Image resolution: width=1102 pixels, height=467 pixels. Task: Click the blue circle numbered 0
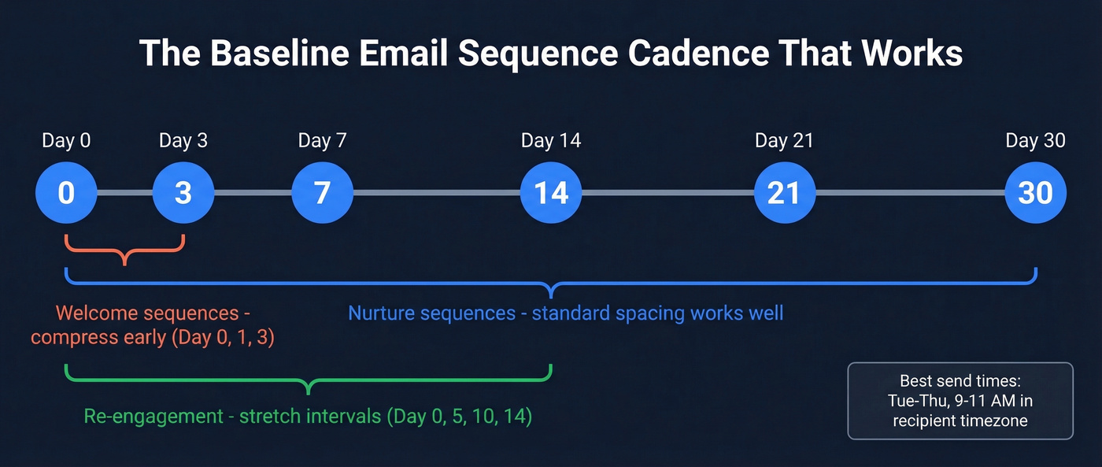pos(66,193)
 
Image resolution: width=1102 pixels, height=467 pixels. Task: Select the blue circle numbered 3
pos(183,193)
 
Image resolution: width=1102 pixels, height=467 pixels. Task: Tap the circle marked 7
pos(322,193)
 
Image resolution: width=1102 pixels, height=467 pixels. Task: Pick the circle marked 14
pos(551,193)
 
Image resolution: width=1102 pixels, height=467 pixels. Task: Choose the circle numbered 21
pos(784,193)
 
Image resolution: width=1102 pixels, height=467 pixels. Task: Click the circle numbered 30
pos(1036,193)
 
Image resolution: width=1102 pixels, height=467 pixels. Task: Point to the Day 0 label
pos(66,141)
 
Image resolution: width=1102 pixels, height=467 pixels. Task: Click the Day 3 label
pos(183,141)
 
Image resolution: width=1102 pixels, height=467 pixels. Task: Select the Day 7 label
pos(322,141)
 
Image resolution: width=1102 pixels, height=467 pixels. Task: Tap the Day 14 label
pos(551,141)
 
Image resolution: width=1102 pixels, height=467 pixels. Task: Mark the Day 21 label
pos(784,141)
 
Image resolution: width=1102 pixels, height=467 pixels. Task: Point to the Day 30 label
pos(1036,141)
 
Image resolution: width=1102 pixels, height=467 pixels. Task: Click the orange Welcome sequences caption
pos(153,326)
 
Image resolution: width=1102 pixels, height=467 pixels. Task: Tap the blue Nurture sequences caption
pos(565,313)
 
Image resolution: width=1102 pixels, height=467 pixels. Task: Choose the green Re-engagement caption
pos(308,416)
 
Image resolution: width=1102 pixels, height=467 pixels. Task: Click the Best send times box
pos(960,401)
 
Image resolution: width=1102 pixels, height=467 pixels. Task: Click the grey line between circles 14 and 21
pos(667,193)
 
